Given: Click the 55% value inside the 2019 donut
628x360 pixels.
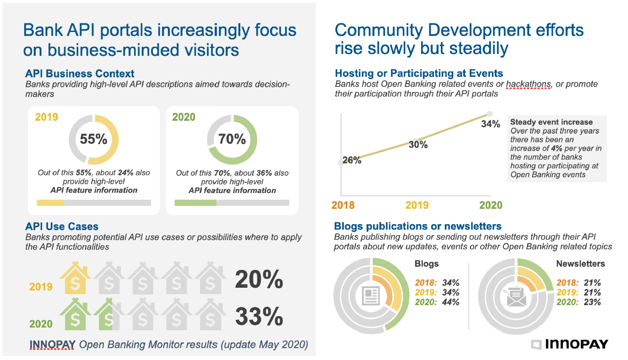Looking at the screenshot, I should click(93, 139).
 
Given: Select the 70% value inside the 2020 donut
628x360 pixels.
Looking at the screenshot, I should click(232, 139).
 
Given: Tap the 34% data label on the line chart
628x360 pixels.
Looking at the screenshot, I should click(490, 124).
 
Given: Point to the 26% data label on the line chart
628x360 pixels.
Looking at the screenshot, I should click(352, 161).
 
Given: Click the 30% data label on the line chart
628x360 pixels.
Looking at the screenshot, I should click(418, 145).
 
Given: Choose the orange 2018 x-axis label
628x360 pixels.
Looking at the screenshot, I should click(343, 205).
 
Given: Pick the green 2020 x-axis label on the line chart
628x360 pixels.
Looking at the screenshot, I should click(491, 205).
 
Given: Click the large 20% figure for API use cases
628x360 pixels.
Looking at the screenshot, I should click(259, 279).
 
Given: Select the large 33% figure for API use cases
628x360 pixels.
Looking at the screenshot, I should click(259, 316).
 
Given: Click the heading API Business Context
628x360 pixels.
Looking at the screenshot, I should click(80, 74).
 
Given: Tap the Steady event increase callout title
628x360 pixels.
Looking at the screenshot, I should click(551, 122).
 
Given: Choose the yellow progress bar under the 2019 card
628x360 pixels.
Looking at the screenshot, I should click(50, 203).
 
